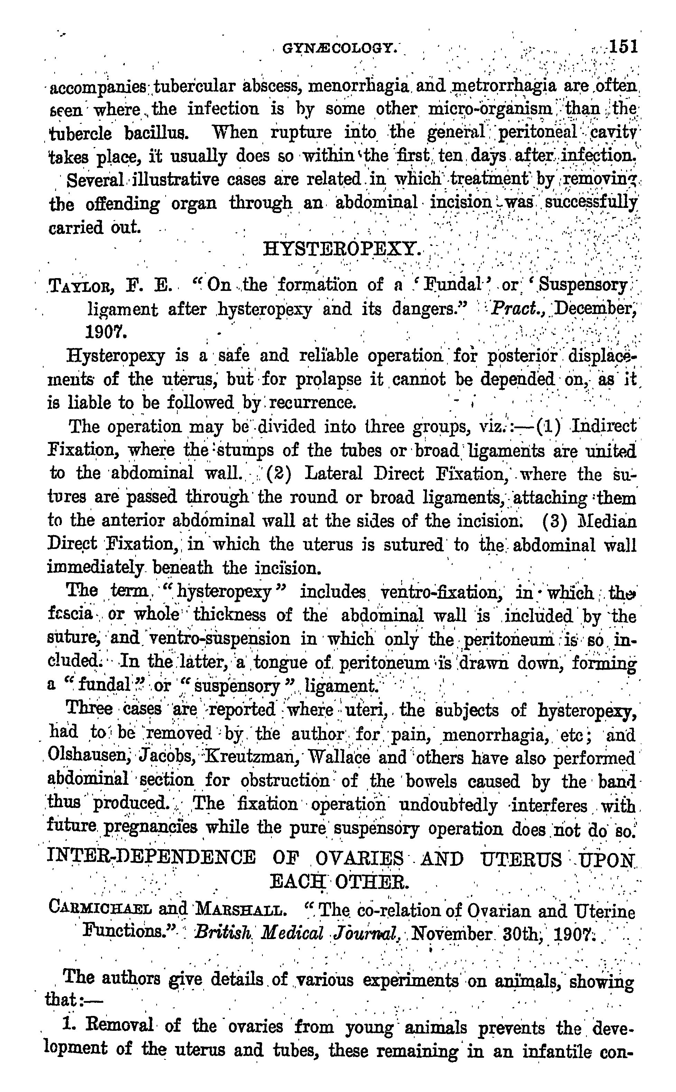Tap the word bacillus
pyautogui.click(x=149, y=133)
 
